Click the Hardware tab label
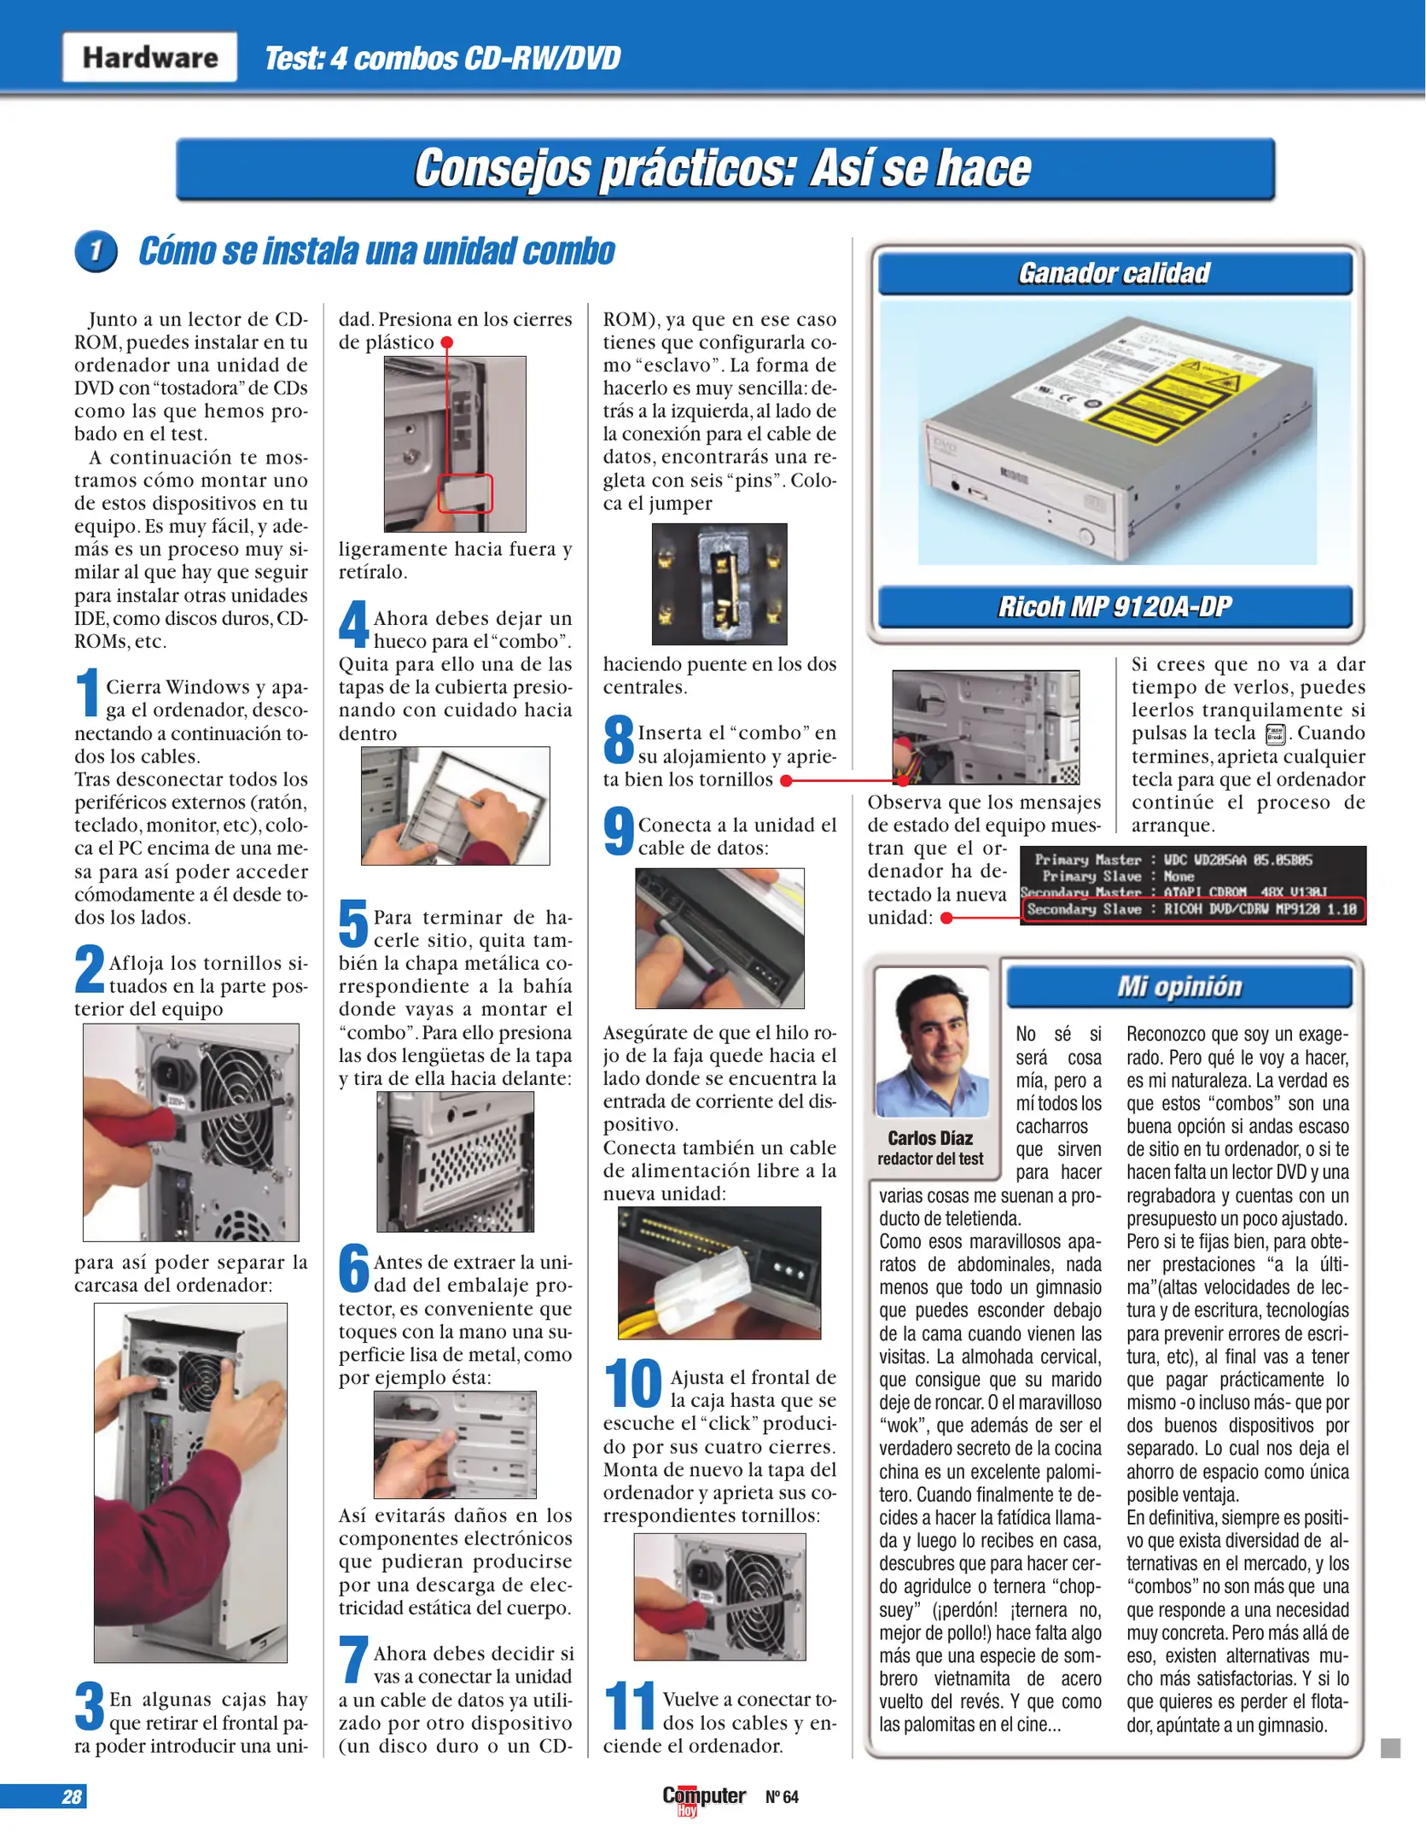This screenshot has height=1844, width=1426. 149,57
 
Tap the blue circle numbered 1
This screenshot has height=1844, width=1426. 96,251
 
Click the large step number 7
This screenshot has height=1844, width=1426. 353,1659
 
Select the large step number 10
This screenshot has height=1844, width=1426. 632,1384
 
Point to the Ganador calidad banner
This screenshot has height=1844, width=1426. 1114,273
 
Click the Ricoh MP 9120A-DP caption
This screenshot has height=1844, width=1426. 1114,607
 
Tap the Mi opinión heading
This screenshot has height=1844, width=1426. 1179,987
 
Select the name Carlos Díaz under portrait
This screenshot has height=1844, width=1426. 930,1138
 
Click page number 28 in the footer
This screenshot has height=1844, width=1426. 72,1796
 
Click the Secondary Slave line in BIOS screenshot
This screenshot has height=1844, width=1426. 1192,909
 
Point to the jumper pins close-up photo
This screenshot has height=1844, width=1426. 719,584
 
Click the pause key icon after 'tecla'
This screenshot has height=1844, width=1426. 1275,734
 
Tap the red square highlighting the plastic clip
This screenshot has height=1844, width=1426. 465,493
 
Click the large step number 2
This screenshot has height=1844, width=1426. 90,969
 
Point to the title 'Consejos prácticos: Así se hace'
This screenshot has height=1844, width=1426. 724,168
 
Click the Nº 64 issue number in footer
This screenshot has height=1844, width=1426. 782,1797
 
